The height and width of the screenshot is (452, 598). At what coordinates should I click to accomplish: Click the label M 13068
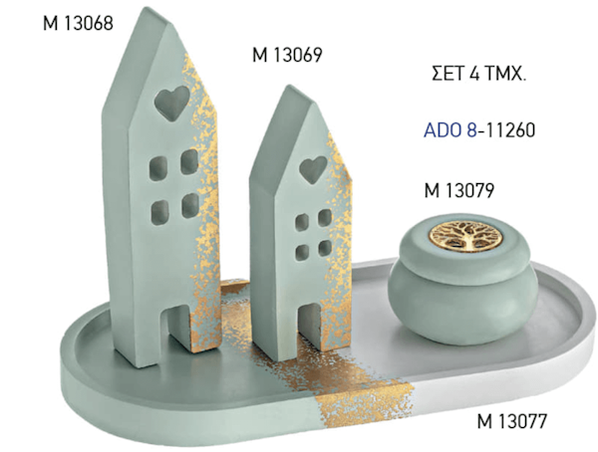click(x=78, y=23)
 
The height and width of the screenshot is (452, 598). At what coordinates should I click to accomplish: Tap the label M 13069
click(x=287, y=55)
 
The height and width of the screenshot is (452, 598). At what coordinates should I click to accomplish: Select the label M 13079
click(x=459, y=190)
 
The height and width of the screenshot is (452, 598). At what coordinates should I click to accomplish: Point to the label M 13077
click(x=512, y=421)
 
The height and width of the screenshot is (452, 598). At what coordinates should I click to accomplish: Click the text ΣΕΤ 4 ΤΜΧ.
click(x=479, y=74)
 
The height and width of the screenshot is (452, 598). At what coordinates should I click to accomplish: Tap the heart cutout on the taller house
click(x=172, y=103)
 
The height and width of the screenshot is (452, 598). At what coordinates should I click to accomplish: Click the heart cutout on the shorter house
click(x=313, y=169)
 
